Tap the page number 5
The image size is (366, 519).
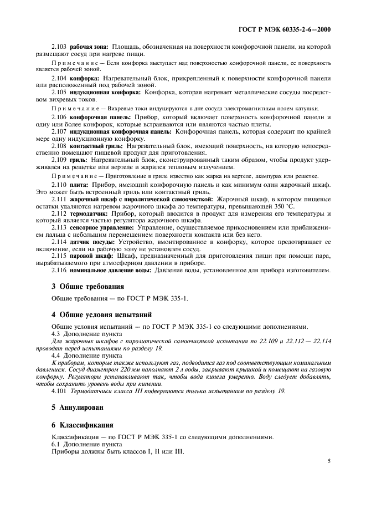pyautogui.click(x=328, y=460)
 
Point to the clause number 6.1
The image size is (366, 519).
pyautogui.click(x=56, y=444)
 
